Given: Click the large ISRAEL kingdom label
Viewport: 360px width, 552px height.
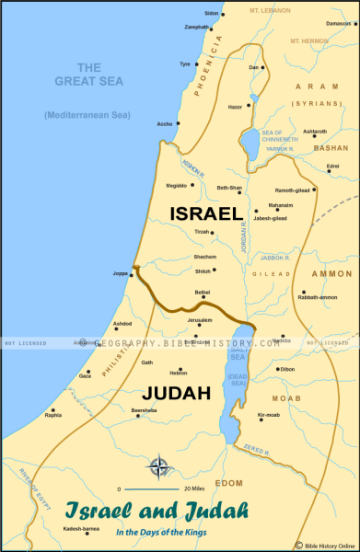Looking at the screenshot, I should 205,213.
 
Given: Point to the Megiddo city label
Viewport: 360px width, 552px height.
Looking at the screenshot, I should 175,185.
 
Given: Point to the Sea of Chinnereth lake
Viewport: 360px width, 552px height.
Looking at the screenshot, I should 250,141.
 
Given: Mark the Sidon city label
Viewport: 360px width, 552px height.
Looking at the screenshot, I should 212,13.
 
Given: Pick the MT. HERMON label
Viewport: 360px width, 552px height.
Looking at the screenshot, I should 310,41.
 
